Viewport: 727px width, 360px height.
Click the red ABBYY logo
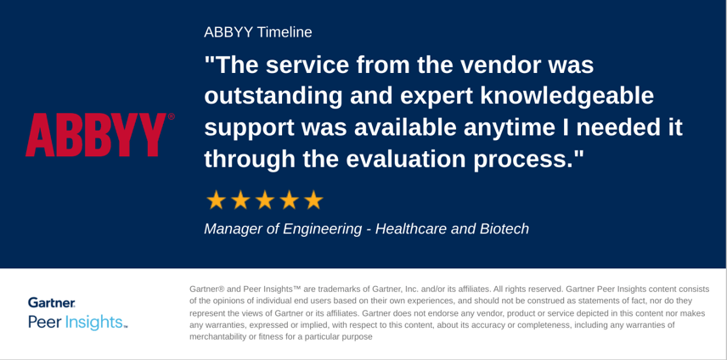pyautogui.click(x=95, y=134)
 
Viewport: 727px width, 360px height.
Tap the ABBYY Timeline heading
pyautogui.click(x=258, y=32)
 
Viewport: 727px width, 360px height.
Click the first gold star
pyautogui.click(x=216, y=200)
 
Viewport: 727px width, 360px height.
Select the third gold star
pyautogui.click(x=265, y=200)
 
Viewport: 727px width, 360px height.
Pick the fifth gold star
pyautogui.click(x=313, y=200)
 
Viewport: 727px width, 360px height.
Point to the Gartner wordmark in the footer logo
pyautogui.click(x=52, y=303)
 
